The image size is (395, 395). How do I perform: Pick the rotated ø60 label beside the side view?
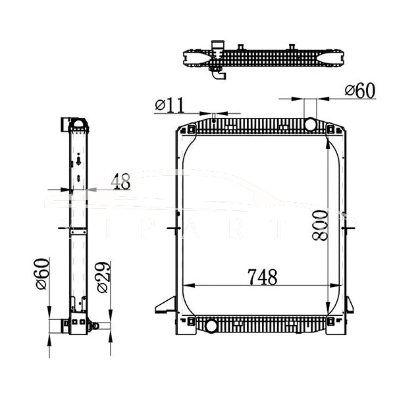pos(40,275)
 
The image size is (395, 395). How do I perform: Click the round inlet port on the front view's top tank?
pos(309,124)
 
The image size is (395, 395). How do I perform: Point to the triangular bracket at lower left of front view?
pos(164,304)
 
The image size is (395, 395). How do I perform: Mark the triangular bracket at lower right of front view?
pos(349,304)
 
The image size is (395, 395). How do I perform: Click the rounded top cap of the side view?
pos(78,123)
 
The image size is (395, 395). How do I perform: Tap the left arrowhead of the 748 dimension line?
pos(186,286)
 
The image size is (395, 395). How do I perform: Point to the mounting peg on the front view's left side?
pos(172,228)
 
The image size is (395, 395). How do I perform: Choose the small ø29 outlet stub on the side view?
pos(95,325)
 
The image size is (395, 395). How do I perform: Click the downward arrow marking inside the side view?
pos(78,159)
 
